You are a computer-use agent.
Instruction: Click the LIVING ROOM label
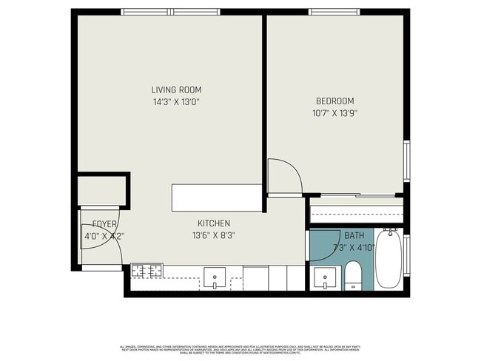tap(176, 90)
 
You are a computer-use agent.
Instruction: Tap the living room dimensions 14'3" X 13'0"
tap(176, 103)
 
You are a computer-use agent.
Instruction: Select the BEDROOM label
tap(334, 101)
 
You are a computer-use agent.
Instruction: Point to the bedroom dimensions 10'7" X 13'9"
tap(334, 114)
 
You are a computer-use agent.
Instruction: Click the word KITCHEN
tap(213, 223)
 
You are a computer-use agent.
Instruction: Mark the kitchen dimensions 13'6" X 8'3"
tap(213, 236)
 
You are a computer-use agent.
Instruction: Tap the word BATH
tap(354, 235)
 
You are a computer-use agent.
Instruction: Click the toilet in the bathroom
tap(354, 279)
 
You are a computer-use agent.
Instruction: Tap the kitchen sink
tap(215, 278)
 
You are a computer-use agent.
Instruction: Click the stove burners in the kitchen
tap(147, 271)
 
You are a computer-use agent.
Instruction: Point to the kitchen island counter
tap(217, 198)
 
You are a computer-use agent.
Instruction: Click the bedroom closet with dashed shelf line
tap(355, 210)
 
